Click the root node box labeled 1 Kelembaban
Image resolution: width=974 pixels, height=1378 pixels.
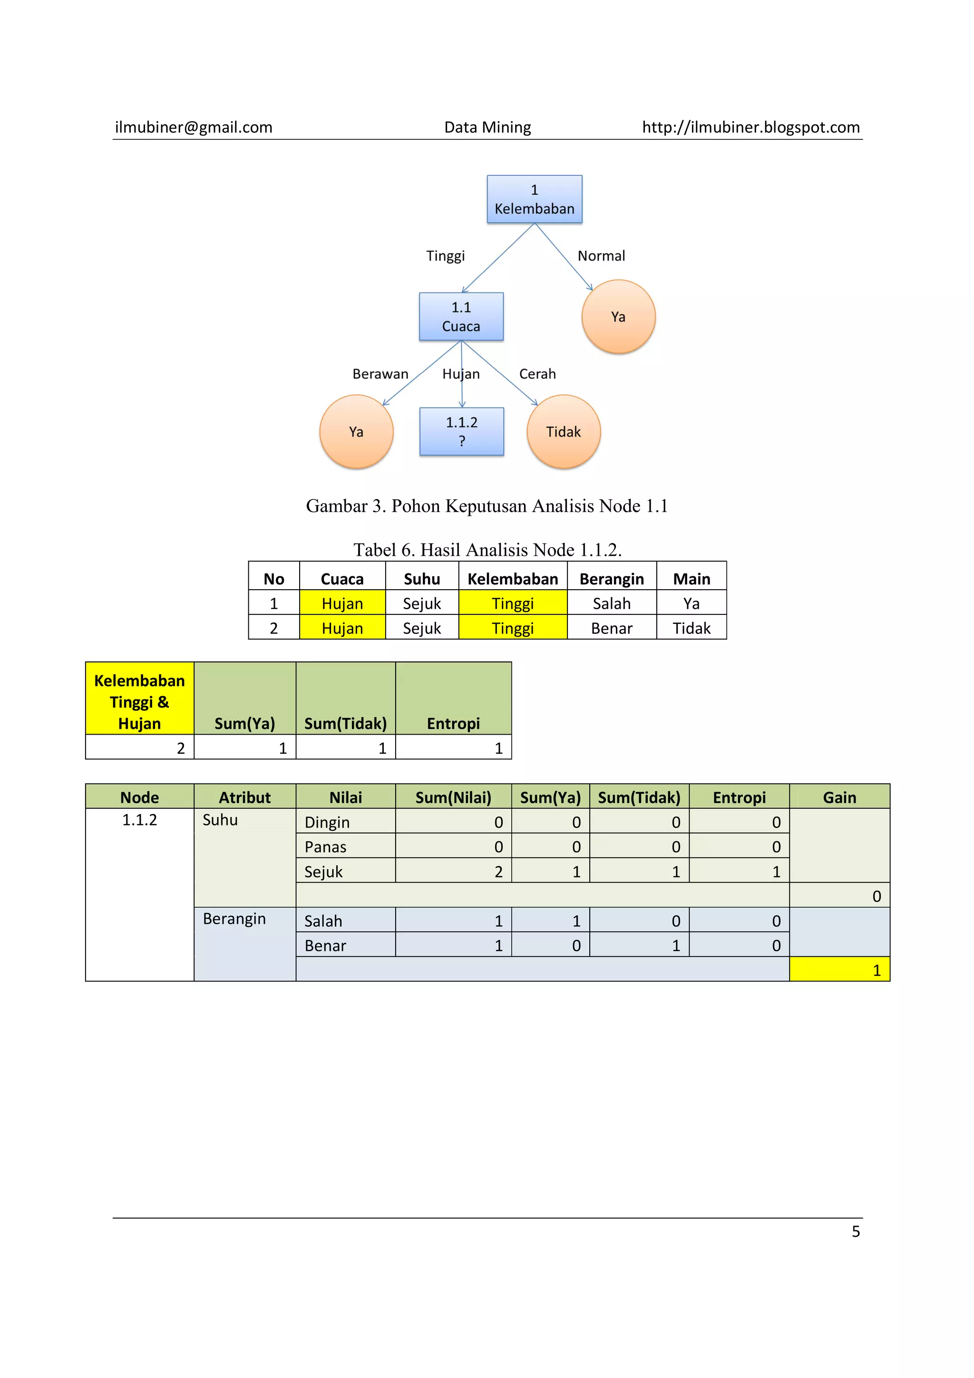534,199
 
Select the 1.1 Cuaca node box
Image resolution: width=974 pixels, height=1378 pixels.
461,316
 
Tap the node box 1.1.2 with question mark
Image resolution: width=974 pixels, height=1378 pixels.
461,432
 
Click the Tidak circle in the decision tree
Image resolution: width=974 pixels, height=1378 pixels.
564,432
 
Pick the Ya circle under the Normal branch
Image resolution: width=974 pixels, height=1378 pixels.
618,316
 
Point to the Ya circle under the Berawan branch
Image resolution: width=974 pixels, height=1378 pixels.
357,432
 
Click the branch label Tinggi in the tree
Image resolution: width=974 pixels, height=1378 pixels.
445,256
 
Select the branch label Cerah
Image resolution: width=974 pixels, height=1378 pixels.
537,374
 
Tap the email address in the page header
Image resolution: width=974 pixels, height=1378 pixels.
193,127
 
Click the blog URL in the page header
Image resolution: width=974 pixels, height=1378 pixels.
751,127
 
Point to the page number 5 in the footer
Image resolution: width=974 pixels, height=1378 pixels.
856,1232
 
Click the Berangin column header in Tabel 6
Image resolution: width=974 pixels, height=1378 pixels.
612,579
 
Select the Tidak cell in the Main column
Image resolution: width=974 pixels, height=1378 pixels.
692,629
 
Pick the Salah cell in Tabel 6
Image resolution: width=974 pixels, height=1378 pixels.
612,603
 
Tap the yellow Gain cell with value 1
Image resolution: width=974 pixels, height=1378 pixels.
839,970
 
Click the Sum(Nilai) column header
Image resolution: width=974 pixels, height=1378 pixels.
453,797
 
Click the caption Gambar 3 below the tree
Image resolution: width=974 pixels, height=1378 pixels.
487,506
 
